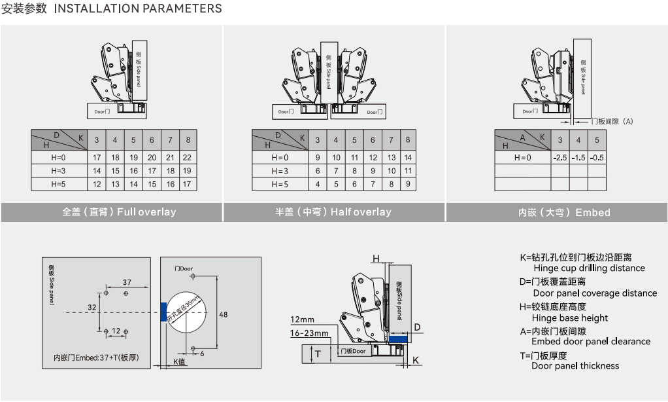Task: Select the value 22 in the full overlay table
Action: [x=188, y=158]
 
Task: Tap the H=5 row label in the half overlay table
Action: [x=279, y=185]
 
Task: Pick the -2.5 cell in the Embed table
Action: [x=559, y=158]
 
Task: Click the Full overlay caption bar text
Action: [x=119, y=212]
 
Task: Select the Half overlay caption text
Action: [x=333, y=212]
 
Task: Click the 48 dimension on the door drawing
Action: [x=223, y=314]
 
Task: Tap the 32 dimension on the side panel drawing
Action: [x=92, y=306]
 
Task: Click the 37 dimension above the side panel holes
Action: [x=127, y=282]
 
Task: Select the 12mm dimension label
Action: [x=303, y=320]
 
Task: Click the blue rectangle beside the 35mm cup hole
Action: [x=163, y=311]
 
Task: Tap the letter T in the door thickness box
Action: [x=318, y=355]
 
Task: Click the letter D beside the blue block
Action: [x=417, y=327]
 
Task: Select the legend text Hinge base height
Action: [x=570, y=318]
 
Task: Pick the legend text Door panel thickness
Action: [x=575, y=366]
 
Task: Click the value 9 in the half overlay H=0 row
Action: [x=318, y=158]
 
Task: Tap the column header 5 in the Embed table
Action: [x=597, y=140]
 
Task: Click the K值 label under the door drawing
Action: [x=180, y=361]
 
